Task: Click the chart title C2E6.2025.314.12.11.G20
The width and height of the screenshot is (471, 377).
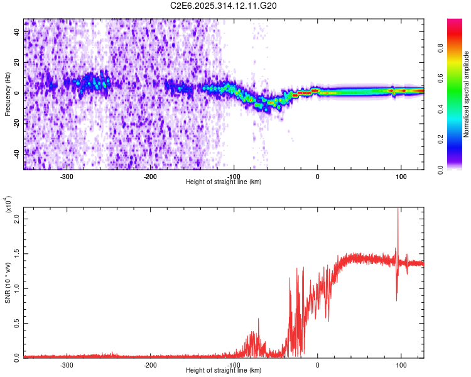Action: coord(224,6)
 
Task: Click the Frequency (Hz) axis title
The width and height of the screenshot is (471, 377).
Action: coord(8,94)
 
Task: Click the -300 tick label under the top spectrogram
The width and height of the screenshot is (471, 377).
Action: coord(67,177)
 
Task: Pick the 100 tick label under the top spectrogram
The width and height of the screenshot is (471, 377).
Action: coord(401,177)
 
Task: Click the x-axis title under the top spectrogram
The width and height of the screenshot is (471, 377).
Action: coord(224,182)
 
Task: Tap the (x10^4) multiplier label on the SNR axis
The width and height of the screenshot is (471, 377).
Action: coord(8,205)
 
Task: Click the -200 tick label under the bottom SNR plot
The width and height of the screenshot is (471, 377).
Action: coord(150,365)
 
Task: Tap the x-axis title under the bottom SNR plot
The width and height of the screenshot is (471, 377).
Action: coord(224,371)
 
